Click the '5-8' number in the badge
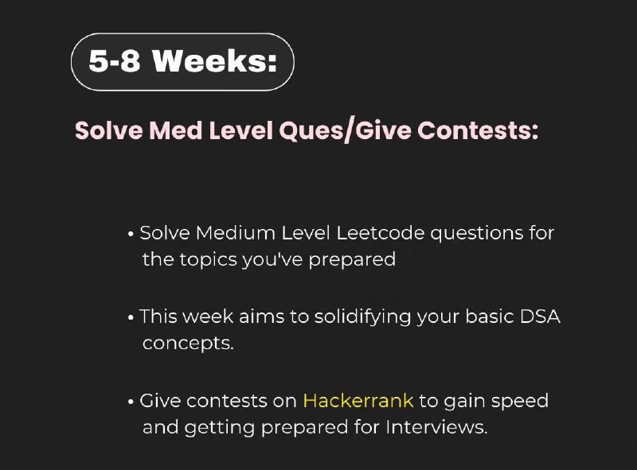coord(114,61)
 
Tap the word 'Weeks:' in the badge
coord(215,61)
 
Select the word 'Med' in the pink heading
coord(175,130)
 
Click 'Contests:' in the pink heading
coord(478,130)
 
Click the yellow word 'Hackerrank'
coord(358,401)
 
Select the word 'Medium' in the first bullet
coord(236,233)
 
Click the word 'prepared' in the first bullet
coord(352,260)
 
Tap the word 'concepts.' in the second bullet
coord(188,344)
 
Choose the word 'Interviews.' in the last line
coord(436,427)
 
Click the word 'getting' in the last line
coord(220,428)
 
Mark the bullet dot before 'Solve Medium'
coord(131,235)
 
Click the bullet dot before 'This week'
coord(131,318)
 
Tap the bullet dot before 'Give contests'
coord(131,402)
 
